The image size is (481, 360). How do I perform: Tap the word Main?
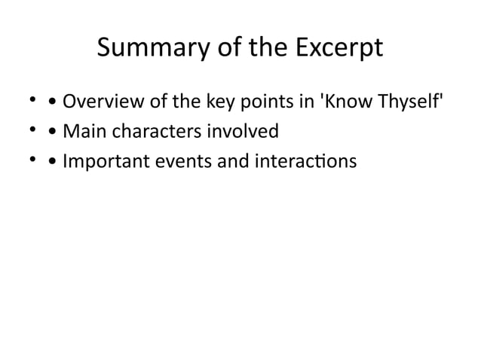pyautogui.click(x=83, y=132)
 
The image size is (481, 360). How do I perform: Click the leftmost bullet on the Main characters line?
pyautogui.click(x=32, y=130)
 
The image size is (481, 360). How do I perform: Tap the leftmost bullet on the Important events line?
pyautogui.click(x=32, y=160)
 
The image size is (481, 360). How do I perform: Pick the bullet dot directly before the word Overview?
pyautogui.click(x=51, y=102)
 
